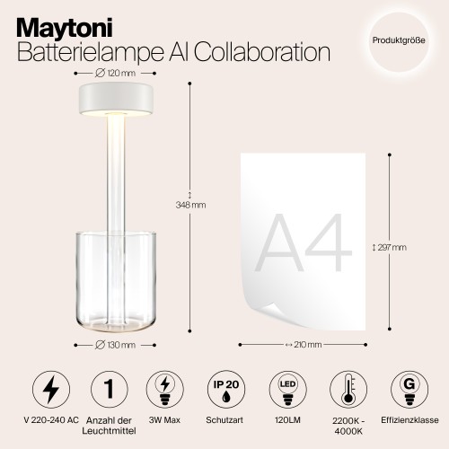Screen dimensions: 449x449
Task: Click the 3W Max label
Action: (166, 419)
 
